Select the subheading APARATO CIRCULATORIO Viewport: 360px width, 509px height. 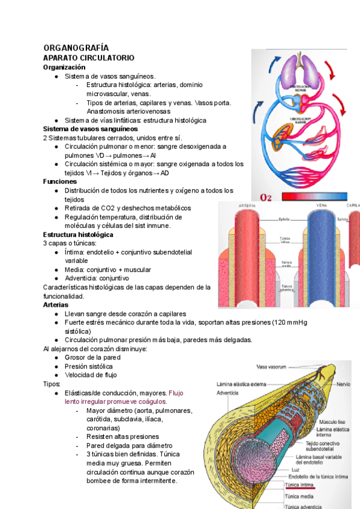(x=88, y=58)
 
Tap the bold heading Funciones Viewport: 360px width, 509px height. (x=60, y=181)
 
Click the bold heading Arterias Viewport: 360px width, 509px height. (x=55, y=305)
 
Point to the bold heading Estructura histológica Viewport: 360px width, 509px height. (x=78, y=234)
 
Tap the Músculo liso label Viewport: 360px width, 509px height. (x=332, y=422)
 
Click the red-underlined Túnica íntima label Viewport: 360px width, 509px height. (x=300, y=483)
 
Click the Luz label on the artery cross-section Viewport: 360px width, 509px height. (x=295, y=469)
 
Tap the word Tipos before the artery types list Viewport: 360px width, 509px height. (x=52, y=384)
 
